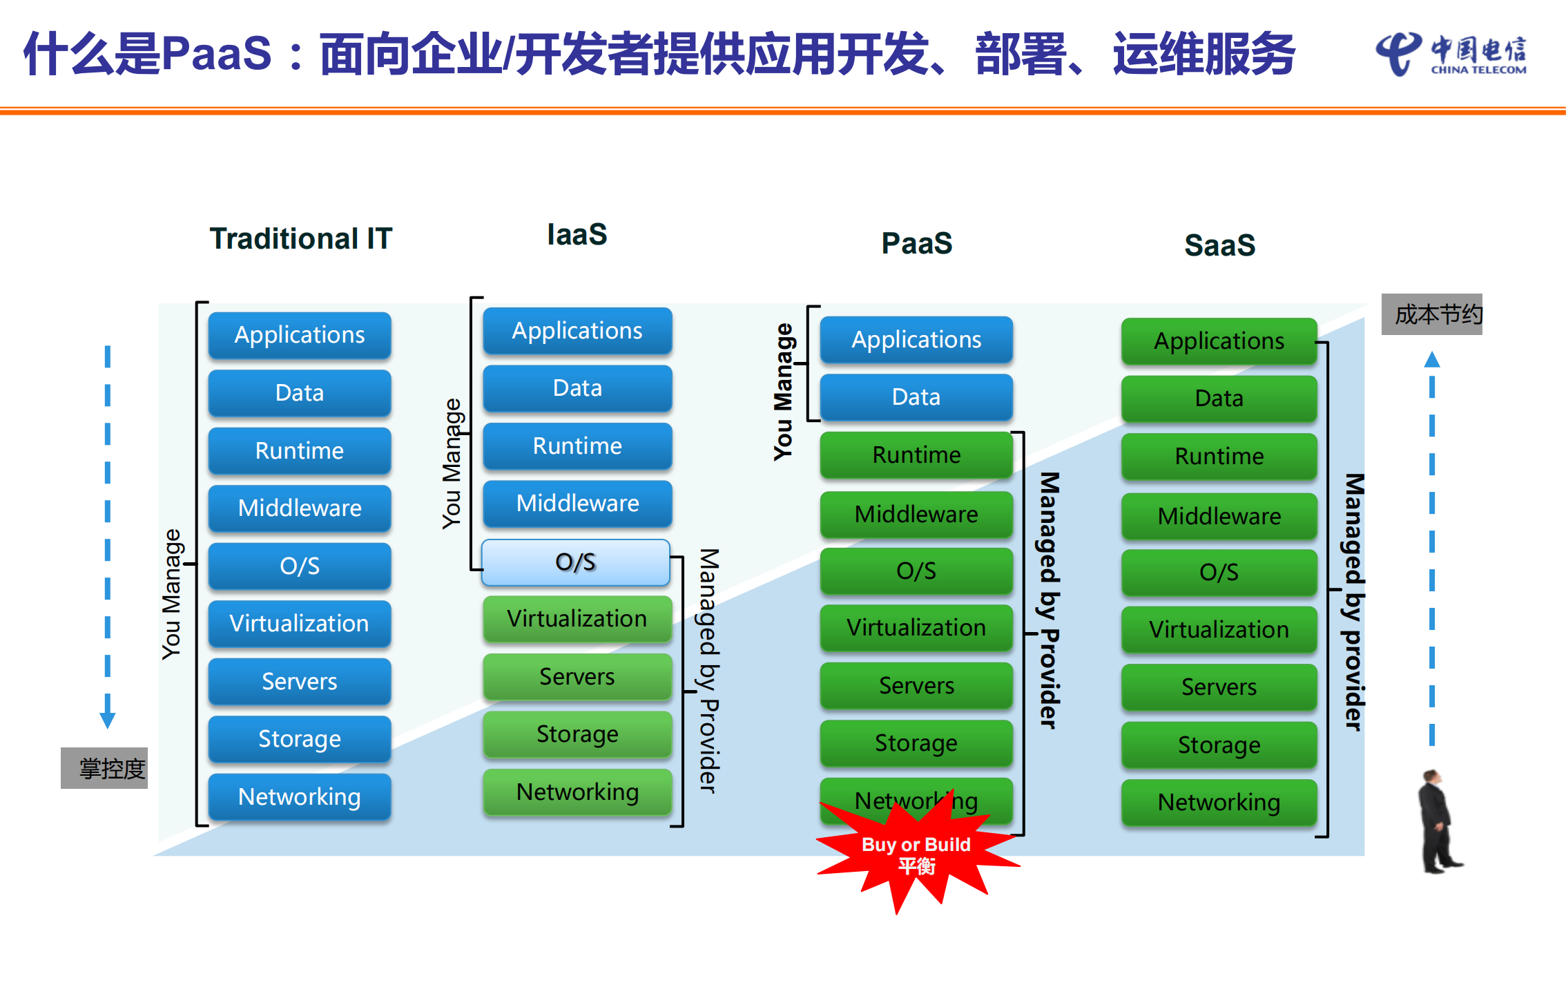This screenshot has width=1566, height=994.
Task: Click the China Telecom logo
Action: [1450, 54]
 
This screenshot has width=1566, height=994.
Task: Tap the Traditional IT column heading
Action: [300, 239]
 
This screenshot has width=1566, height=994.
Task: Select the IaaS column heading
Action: [577, 235]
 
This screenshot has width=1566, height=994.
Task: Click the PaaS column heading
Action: [916, 244]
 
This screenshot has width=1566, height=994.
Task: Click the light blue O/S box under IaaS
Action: [576, 562]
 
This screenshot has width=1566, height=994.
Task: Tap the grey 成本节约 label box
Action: [1431, 315]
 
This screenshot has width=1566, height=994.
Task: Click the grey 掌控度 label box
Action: [104, 768]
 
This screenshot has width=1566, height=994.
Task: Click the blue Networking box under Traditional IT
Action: [299, 797]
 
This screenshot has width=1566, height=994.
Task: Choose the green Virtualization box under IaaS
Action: [577, 619]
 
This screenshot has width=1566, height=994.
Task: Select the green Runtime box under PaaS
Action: [916, 455]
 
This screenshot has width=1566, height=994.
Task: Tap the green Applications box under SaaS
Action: [1219, 341]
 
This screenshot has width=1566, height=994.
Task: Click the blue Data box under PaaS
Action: [916, 397]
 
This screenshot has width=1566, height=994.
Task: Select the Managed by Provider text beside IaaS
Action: [709, 670]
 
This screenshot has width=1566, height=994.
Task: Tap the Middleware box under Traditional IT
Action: [299, 508]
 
